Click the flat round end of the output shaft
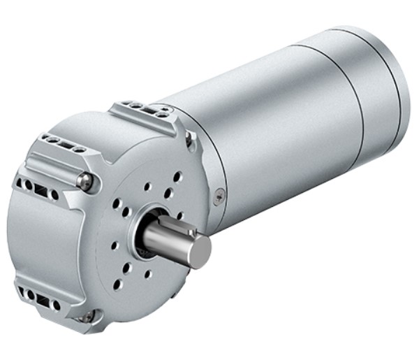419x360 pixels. [x=200, y=251]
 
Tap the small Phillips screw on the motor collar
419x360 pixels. [x=221, y=194]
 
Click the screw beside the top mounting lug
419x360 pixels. [x=189, y=139]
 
